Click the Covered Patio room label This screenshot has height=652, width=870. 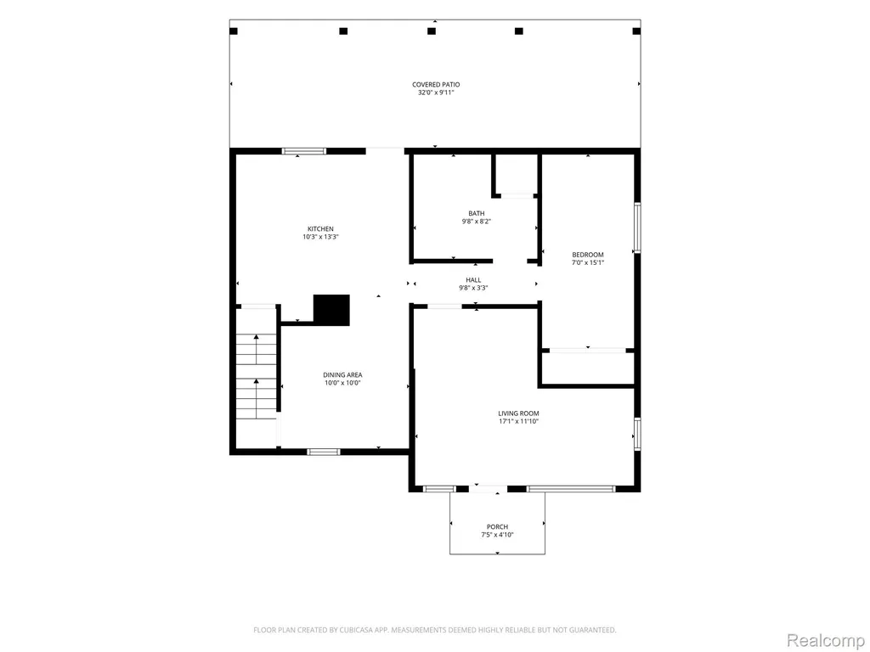click(x=436, y=85)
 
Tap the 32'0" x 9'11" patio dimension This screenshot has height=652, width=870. click(x=436, y=93)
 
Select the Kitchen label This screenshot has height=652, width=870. click(x=320, y=229)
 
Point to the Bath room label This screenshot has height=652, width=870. click(x=476, y=213)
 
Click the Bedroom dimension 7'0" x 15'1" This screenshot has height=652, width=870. click(x=588, y=263)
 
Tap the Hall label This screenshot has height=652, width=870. click(x=473, y=280)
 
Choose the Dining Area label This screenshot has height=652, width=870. click(x=342, y=374)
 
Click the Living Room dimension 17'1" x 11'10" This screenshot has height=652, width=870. click(x=518, y=421)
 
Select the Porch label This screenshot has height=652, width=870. click(x=497, y=526)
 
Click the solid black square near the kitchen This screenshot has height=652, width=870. click(x=331, y=309)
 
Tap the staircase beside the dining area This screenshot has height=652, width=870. click(x=257, y=376)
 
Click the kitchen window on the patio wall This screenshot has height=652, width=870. click(x=304, y=151)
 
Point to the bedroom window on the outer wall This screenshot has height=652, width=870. click(x=637, y=228)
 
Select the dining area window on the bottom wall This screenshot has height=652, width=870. click(x=324, y=452)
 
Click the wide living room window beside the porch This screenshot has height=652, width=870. click(x=571, y=489)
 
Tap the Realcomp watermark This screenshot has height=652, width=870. click(x=826, y=640)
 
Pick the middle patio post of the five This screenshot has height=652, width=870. click(x=432, y=31)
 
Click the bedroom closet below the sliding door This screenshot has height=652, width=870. click(x=588, y=368)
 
